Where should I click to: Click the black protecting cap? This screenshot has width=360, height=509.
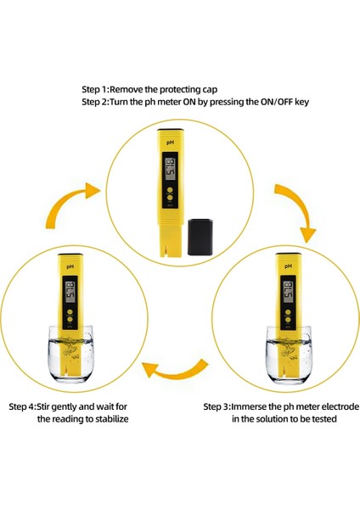[x=200, y=237]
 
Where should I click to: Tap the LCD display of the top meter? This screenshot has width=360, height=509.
[x=171, y=170]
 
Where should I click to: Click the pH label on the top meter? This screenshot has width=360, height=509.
[x=170, y=143]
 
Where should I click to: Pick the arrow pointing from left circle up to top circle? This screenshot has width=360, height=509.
[x=65, y=203]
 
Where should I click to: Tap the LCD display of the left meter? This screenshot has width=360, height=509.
[x=70, y=292]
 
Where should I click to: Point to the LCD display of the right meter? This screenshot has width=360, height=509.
[x=288, y=291]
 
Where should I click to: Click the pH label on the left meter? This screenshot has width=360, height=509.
[x=70, y=266]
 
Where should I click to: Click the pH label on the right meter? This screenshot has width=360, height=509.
[x=288, y=266]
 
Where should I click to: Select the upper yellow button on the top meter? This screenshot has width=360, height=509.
[x=170, y=191]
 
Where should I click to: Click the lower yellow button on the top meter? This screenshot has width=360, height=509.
[x=170, y=198]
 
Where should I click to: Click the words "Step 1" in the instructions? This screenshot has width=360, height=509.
[x=94, y=89]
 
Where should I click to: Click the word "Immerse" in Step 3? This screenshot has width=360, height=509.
[x=250, y=406]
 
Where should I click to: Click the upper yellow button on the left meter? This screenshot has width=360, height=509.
[x=70, y=312]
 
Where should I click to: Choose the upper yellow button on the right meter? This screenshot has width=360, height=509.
[x=288, y=312]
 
